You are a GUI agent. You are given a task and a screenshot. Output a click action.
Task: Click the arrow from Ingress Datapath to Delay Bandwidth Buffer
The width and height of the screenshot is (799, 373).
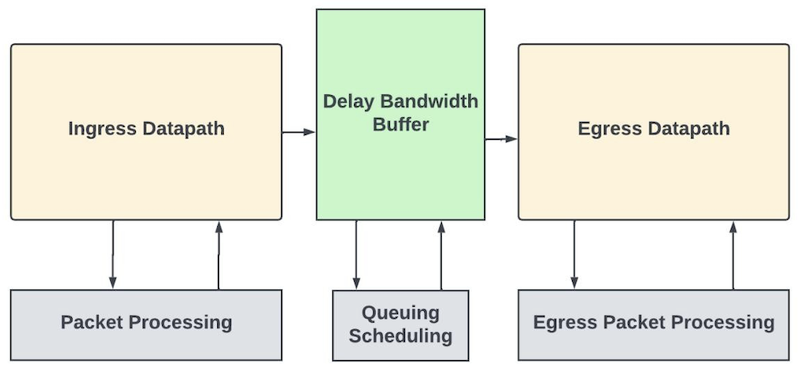[x=299, y=132]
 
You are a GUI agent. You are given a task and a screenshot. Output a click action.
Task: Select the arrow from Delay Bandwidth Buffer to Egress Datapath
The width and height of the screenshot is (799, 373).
[x=501, y=139]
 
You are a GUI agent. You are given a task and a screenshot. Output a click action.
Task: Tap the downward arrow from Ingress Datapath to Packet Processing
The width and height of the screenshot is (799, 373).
[x=113, y=254]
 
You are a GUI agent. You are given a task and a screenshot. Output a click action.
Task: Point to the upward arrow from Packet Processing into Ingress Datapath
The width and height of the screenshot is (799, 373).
[x=219, y=254]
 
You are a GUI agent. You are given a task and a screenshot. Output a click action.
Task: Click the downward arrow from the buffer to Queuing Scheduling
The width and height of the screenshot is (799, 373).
[x=356, y=254]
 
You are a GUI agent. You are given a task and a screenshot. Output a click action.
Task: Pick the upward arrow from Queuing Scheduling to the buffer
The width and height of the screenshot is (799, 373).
[x=441, y=254]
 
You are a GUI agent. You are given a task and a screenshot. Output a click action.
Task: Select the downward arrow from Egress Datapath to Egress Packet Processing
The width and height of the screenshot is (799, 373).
[x=574, y=254]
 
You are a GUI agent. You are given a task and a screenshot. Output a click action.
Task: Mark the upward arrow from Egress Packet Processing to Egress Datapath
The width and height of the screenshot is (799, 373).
[x=733, y=254]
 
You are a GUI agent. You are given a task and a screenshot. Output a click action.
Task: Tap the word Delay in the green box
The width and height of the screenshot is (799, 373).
[x=347, y=101]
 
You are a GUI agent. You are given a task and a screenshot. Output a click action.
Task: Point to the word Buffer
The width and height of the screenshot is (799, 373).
[x=400, y=125]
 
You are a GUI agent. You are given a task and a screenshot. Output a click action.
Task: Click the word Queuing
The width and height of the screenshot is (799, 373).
[x=400, y=312]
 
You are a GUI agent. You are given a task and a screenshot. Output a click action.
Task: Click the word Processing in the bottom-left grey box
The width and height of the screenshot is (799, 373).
[x=182, y=323]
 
